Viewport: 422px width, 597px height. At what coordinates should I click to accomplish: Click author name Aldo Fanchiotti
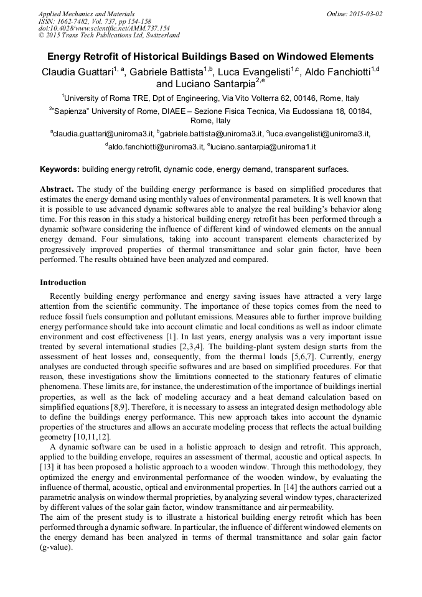coord(337,72)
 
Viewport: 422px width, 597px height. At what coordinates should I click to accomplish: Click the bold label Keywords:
coord(60,169)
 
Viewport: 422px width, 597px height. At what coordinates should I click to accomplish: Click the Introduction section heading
coord(63,283)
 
